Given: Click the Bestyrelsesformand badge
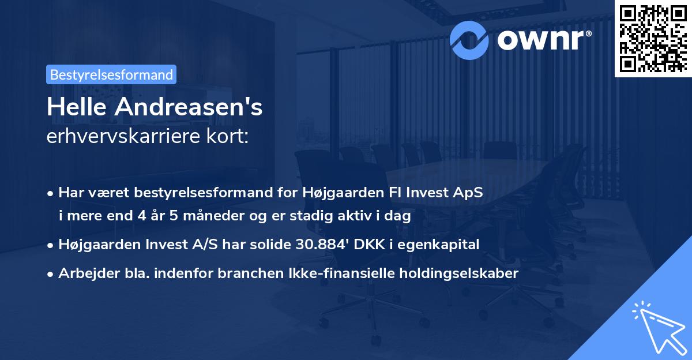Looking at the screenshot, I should click(x=111, y=74).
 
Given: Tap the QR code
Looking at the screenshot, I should click(x=653, y=38).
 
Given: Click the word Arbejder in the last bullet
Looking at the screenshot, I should click(x=84, y=273).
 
